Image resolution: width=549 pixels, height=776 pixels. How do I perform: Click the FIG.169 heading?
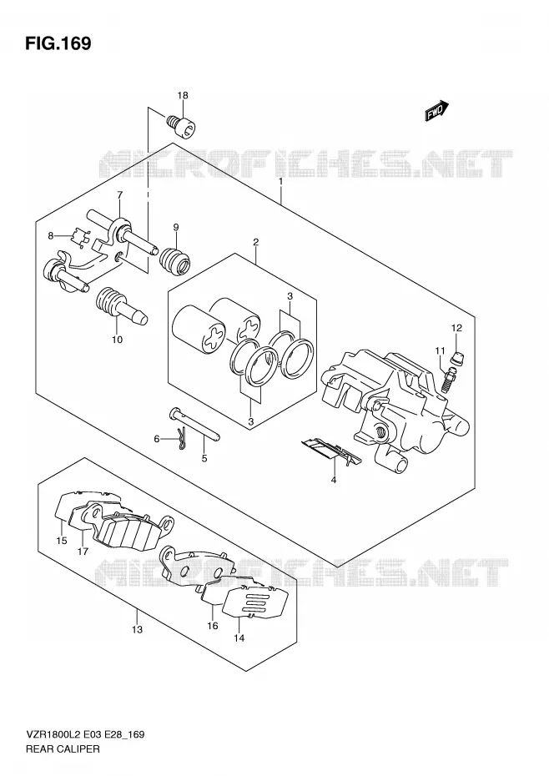click(x=58, y=43)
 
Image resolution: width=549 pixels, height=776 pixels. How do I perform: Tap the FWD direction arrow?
click(x=436, y=111)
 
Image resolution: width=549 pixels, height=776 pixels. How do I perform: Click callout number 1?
click(x=280, y=181)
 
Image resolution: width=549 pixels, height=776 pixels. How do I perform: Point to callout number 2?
click(x=256, y=242)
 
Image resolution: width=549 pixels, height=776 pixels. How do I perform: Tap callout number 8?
click(x=51, y=236)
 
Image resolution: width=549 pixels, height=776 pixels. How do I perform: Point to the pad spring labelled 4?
click(x=330, y=450)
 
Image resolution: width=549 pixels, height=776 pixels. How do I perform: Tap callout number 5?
click(x=204, y=458)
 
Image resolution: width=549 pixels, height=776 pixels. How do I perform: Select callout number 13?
click(x=137, y=629)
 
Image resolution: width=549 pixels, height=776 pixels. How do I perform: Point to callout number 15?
click(x=62, y=541)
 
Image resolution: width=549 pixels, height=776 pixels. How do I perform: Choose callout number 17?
click(x=83, y=551)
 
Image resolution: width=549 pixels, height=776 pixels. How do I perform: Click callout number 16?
click(x=213, y=626)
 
